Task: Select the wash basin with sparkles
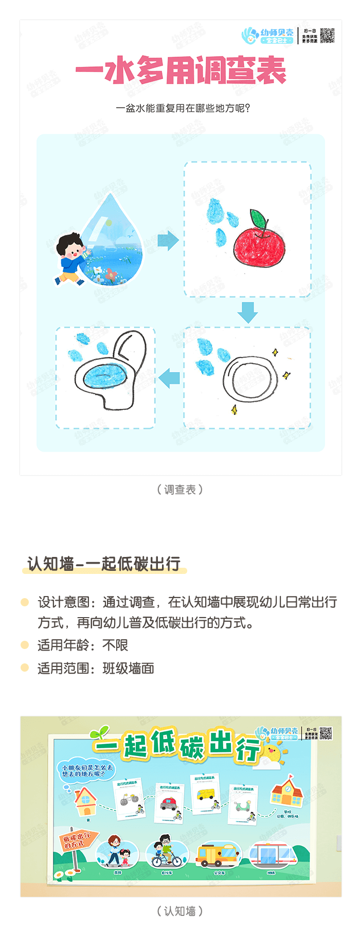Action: point(250,379)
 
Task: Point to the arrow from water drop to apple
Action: point(168,240)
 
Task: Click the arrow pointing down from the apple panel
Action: point(248,312)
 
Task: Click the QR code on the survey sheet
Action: point(327,35)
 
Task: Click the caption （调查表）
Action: point(180,490)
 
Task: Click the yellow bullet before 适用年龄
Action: point(25,645)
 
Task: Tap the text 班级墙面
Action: point(129,668)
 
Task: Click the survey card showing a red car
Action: point(170,802)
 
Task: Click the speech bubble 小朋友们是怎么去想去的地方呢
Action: point(86,770)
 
